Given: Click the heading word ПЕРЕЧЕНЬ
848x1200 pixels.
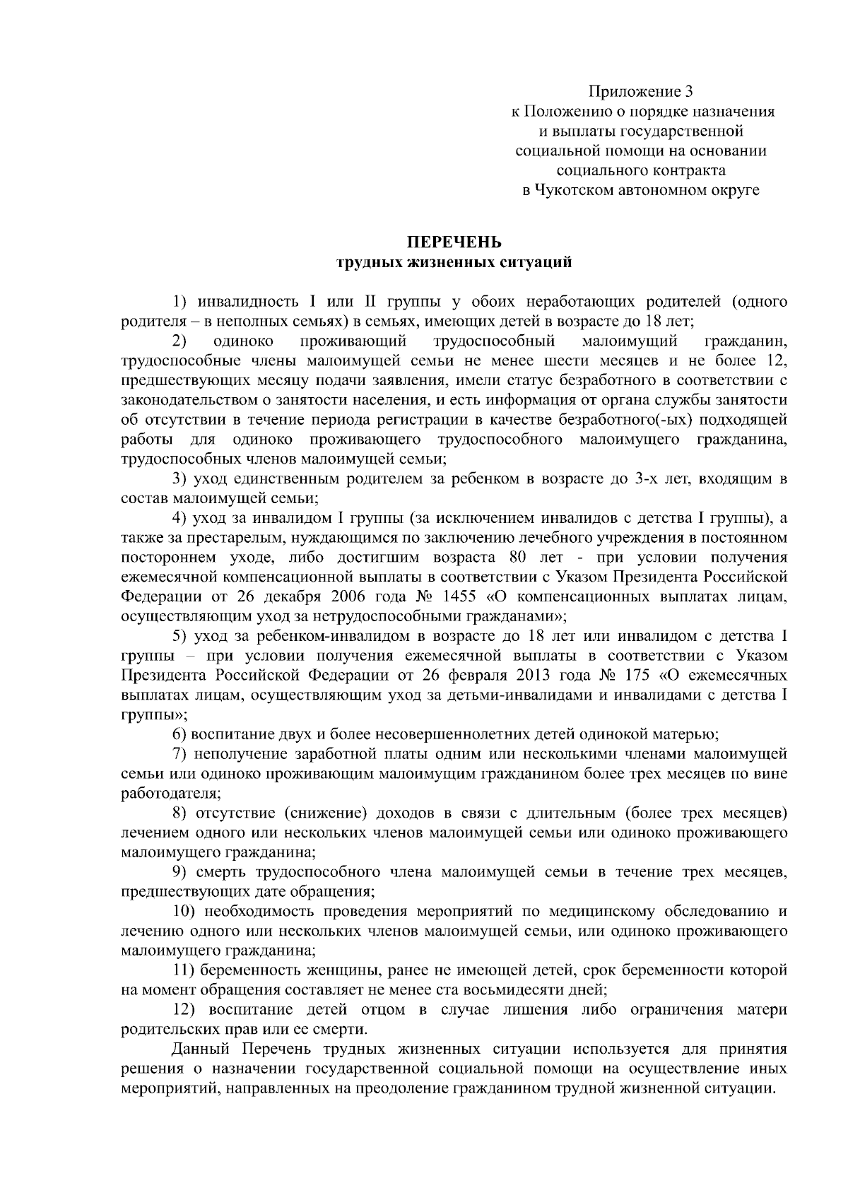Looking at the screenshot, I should point(454,243).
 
